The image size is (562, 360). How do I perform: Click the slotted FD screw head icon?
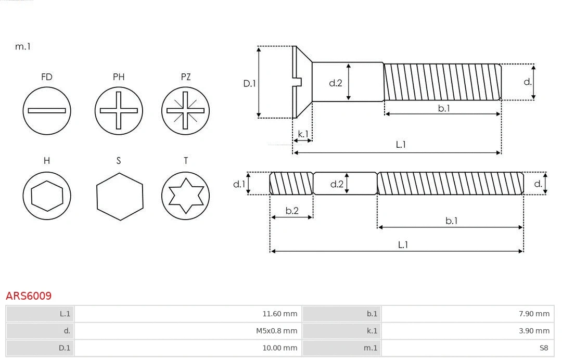pyautogui.click(x=47, y=110)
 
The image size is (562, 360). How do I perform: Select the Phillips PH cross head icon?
pyautogui.click(x=119, y=110)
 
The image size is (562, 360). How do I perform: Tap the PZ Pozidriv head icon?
pyautogui.click(x=185, y=110)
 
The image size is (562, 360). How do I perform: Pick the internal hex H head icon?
pyautogui.click(x=47, y=196)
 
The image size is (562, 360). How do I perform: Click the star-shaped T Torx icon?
pyautogui.click(x=185, y=196)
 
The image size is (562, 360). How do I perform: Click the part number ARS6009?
pyautogui.click(x=29, y=296)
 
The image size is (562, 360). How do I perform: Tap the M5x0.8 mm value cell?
pyautogui.click(x=277, y=331)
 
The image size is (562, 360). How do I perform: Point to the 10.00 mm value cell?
pyautogui.click(x=280, y=348)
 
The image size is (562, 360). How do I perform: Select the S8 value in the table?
pyautogui.click(x=543, y=348)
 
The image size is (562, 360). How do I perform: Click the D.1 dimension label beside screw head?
pyautogui.click(x=250, y=83)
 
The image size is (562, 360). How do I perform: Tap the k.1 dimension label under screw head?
pyautogui.click(x=302, y=134)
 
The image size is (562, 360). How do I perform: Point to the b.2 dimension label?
pyautogui.click(x=292, y=211)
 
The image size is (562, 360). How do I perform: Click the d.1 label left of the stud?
pyautogui.click(x=239, y=184)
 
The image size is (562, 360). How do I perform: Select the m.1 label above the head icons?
pyautogui.click(x=23, y=46)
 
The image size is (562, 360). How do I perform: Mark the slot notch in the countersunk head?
pyautogui.click(x=298, y=82)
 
